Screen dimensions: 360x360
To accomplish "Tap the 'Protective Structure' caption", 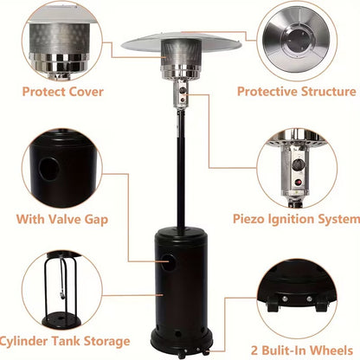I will pyautogui.click(x=297, y=90).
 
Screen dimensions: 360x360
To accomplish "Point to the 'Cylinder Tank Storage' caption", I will pyautogui.click(x=66, y=342).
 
